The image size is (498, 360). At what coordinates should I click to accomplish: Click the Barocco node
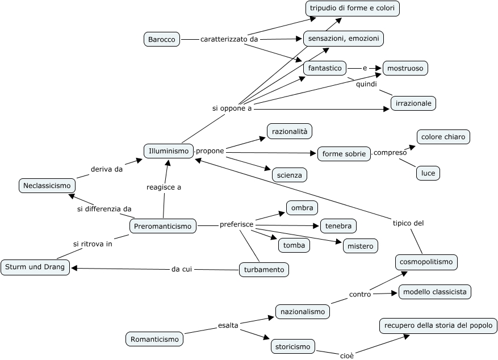(162, 39)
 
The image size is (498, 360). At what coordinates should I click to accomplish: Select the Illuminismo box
(169, 151)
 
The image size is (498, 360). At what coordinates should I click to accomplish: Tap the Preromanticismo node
(163, 227)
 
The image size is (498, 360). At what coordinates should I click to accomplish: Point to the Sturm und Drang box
(35, 267)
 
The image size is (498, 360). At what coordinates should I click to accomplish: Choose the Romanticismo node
(154, 340)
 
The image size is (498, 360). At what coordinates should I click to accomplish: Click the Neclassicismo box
(47, 185)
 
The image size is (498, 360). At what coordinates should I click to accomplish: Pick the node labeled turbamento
(263, 270)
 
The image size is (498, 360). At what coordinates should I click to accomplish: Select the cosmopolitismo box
(426, 262)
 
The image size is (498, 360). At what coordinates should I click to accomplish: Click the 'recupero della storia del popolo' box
(438, 326)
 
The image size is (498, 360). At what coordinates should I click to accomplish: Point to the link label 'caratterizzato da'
(229, 39)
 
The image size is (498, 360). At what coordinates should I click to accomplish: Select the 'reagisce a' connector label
(164, 187)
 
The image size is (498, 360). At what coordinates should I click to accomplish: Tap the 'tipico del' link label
(408, 223)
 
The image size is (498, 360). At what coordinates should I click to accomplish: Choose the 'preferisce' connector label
(236, 225)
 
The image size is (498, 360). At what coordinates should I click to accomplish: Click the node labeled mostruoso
(405, 68)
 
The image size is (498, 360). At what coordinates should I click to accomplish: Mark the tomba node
(294, 245)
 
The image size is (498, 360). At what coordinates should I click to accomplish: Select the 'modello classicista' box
(434, 292)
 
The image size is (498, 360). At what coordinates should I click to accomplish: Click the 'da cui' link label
(182, 269)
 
